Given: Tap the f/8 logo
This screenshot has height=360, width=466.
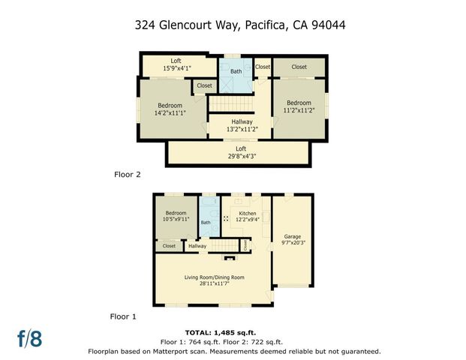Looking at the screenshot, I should [30, 338].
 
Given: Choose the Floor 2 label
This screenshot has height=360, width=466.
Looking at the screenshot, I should [127, 175].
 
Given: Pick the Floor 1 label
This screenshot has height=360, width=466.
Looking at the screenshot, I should [123, 316].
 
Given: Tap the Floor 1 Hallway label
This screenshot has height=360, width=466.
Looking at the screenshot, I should [197, 246].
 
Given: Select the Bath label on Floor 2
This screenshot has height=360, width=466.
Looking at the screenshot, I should [236, 72].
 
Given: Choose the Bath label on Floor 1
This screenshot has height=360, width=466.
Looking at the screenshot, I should [206, 222].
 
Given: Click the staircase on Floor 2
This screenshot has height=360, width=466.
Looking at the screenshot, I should [227, 103].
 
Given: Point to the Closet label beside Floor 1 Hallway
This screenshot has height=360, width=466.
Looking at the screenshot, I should [169, 246].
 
